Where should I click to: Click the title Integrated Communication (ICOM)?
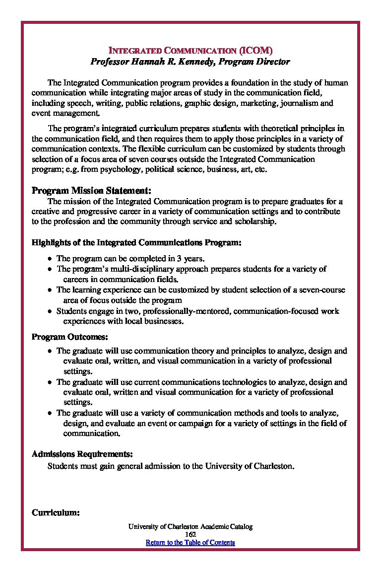(190, 51)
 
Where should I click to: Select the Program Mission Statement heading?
(91, 191)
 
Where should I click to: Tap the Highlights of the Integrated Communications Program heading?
(136, 243)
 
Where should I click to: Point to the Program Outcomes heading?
(69, 337)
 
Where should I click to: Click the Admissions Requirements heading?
(82, 454)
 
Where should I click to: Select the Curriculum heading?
(56, 513)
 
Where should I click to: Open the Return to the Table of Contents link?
(190, 542)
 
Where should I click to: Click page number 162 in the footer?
(190, 534)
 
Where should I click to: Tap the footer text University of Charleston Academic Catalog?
(190, 526)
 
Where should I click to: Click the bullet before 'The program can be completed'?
(50, 259)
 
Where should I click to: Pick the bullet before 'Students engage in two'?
(50, 312)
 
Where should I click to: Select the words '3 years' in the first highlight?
(190, 259)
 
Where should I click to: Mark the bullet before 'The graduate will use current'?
(50, 383)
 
